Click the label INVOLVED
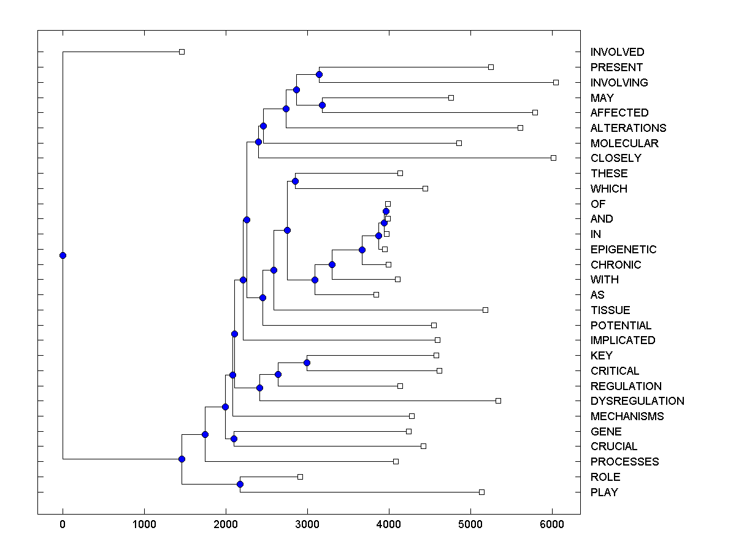[617, 52]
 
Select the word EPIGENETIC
[623, 250]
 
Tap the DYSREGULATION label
[637, 401]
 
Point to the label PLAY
[604, 492]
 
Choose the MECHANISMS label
[627, 416]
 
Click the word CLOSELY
[616, 158]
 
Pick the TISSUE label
[610, 310]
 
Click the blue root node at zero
[63, 255]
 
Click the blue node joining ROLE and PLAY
[240, 485]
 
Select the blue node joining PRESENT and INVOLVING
[319, 75]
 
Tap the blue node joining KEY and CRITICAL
[307, 363]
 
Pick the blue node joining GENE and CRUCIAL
[234, 439]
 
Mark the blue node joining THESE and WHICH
[295, 181]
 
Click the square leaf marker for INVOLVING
[556, 82]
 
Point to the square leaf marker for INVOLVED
[182, 52]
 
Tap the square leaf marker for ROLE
[300, 477]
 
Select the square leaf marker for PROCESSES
[396, 461]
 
